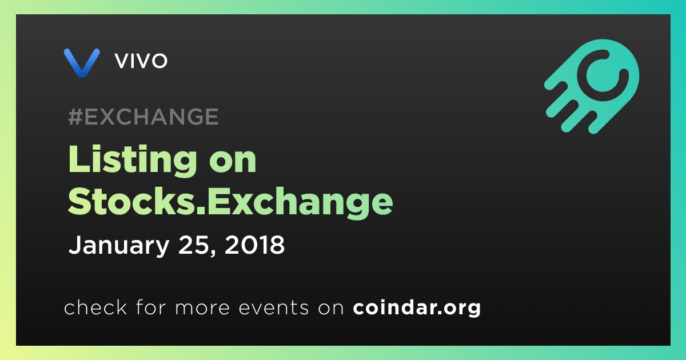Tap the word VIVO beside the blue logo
(141, 61)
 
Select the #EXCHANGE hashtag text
(143, 117)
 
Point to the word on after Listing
(233, 161)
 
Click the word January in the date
(119, 245)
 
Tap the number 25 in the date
(194, 245)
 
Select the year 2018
(255, 245)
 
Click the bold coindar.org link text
(417, 308)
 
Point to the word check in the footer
(95, 307)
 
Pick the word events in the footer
(274, 308)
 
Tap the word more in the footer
(202, 309)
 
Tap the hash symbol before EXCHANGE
(75, 117)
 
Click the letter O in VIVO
(159, 61)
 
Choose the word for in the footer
(151, 307)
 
